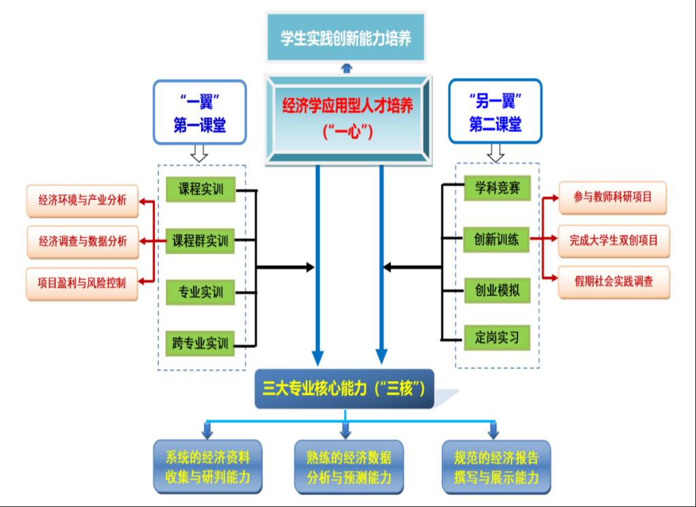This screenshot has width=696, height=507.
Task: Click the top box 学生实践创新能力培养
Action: (347, 37)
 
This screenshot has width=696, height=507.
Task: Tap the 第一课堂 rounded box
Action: (199, 112)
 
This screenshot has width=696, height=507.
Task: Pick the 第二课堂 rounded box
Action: (495, 112)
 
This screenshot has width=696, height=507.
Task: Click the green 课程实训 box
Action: (201, 190)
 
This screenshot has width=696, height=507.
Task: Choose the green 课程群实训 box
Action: (201, 241)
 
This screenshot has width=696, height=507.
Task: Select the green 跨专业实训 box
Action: (201, 343)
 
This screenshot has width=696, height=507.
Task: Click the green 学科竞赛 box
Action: (497, 189)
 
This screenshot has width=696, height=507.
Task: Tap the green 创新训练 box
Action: (497, 239)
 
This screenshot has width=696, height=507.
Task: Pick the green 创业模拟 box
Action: (497, 290)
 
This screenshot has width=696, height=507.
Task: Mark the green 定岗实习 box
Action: (497, 337)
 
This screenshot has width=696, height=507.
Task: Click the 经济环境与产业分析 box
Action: (82, 200)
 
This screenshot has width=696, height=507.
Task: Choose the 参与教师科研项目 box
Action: (612, 197)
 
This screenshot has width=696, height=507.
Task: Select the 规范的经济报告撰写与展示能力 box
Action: (496, 466)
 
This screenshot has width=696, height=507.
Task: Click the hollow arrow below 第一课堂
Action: (198, 154)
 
